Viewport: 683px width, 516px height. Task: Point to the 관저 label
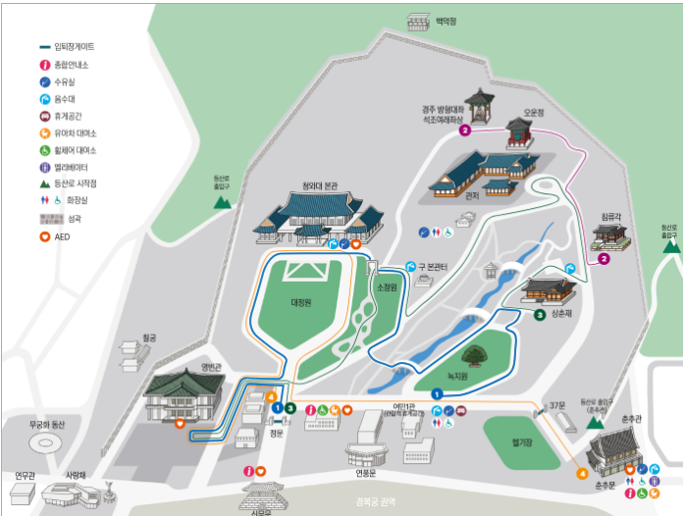pyautogui.click(x=472, y=195)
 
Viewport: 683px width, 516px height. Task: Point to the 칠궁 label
pyautogui.click(x=149, y=336)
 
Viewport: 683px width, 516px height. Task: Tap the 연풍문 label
pyautogui.click(x=367, y=469)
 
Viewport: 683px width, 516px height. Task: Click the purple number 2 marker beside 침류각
pyautogui.click(x=604, y=259)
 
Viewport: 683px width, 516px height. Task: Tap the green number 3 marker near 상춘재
pyautogui.click(x=540, y=315)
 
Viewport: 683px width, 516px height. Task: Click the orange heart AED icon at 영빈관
pyautogui.click(x=180, y=423)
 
